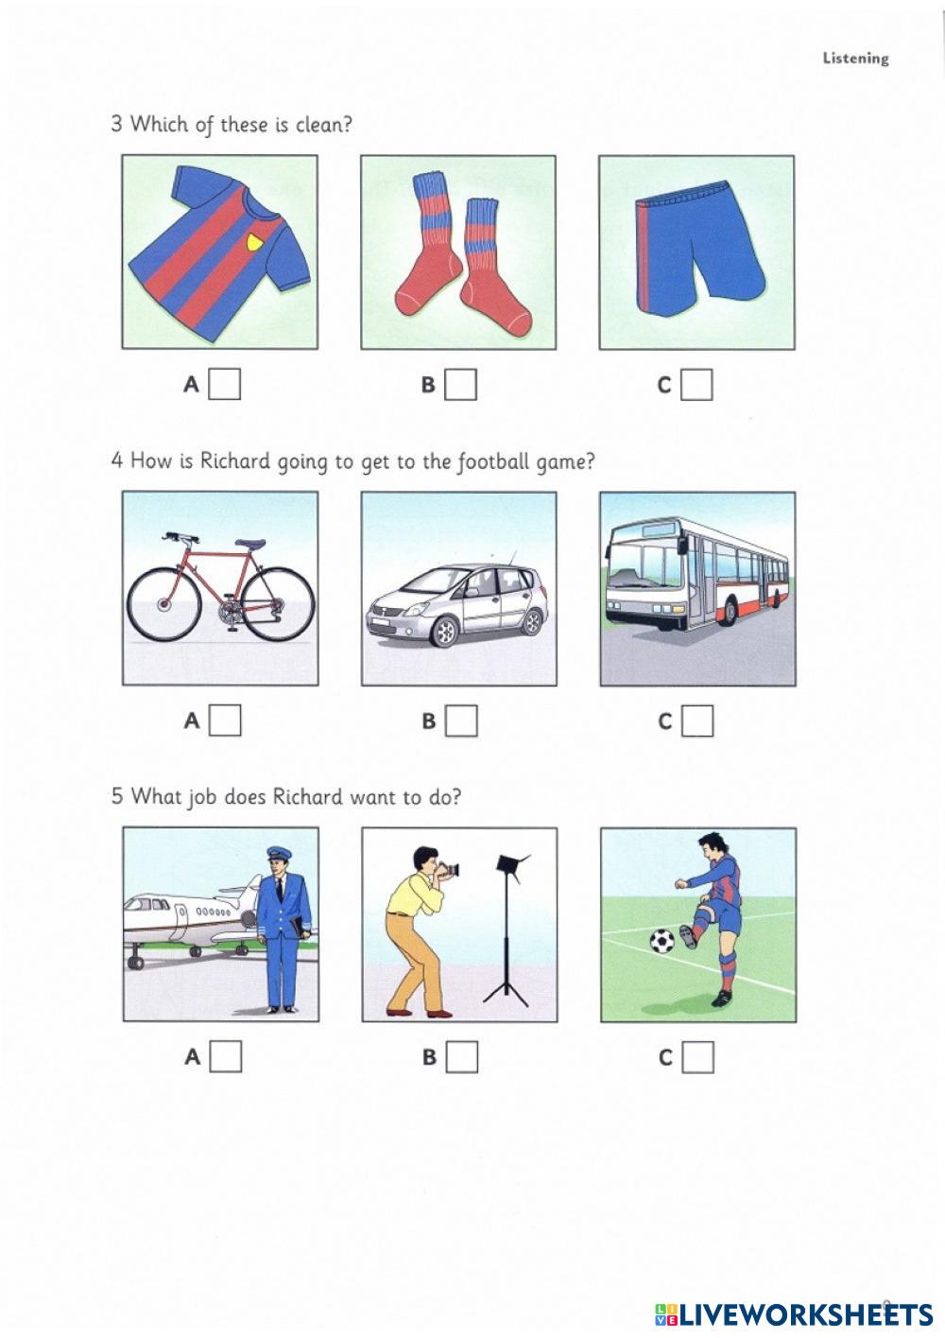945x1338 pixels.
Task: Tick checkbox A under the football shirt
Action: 225,385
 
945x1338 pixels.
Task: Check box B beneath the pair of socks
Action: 461,385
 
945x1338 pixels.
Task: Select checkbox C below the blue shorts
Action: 696,385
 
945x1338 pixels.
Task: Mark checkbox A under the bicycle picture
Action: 225,721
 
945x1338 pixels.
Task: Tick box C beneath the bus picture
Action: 697,721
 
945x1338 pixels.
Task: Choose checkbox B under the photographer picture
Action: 461,1056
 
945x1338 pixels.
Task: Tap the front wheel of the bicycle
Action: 162,604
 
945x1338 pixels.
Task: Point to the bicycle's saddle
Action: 250,544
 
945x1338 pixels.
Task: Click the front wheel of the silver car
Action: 443,631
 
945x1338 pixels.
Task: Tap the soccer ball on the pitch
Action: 661,941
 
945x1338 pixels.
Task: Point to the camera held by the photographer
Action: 448,870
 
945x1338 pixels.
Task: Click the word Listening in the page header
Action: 855,59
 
